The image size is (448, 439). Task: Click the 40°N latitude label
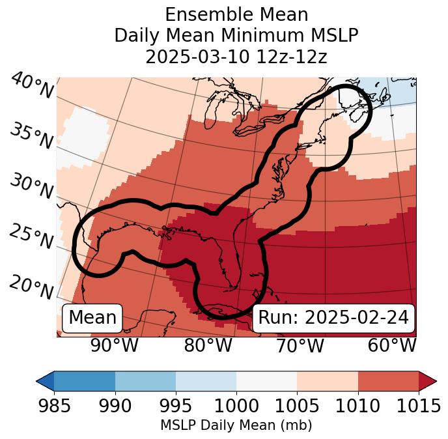pos(32,87)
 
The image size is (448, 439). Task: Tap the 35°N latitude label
pos(31,136)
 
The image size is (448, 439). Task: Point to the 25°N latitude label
pos(31,237)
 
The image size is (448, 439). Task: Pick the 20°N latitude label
pos(31,287)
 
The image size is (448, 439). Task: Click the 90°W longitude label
pos(115,346)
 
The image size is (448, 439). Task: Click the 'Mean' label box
pos(92,318)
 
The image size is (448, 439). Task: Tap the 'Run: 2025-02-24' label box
pos(333,318)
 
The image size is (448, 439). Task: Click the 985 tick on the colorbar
pos(54,406)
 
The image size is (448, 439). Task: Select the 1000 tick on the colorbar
pos(236,406)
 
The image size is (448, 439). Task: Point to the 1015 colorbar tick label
pos(419,406)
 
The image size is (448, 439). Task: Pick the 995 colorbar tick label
pos(176,406)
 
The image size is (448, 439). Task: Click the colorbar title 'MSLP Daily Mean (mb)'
pos(236,425)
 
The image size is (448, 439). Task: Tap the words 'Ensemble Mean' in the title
pos(236,14)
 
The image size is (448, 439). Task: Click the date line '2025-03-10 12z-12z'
pos(236,57)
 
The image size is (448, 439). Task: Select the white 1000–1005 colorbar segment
pos(266,380)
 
